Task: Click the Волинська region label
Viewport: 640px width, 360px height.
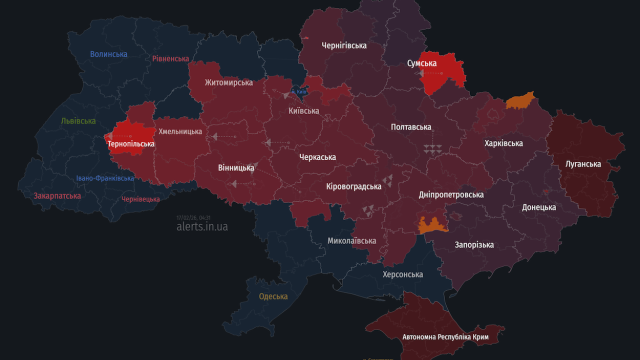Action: pos(108,54)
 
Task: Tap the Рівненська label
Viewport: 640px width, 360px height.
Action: pos(170,58)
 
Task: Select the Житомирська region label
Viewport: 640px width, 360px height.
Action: pos(228,82)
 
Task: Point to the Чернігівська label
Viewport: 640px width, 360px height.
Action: pos(344,45)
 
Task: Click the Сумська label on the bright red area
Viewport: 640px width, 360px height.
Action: pos(421,63)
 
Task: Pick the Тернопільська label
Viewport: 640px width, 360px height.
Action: pos(131,144)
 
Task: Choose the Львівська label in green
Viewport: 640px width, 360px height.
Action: pos(78,121)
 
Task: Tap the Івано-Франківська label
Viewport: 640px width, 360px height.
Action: pos(105,178)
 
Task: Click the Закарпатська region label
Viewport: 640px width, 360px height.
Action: pos(57,196)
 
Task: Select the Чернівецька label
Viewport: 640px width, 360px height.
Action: pos(141,199)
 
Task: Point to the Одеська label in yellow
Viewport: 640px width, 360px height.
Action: pos(273,296)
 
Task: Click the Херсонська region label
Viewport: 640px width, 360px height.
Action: pos(402,274)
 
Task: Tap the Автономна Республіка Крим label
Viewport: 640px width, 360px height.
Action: pos(445,337)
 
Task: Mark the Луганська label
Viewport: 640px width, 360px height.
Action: pos(583,164)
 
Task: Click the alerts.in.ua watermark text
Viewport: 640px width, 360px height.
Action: pos(202,226)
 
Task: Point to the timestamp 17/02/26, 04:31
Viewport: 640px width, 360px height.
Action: pos(193,217)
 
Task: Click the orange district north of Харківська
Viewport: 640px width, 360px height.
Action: pos(520,100)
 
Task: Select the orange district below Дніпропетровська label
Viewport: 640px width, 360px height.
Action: pos(432,225)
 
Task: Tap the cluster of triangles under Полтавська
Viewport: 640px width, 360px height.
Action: pos(432,149)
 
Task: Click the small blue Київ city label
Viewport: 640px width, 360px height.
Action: pos(300,92)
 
